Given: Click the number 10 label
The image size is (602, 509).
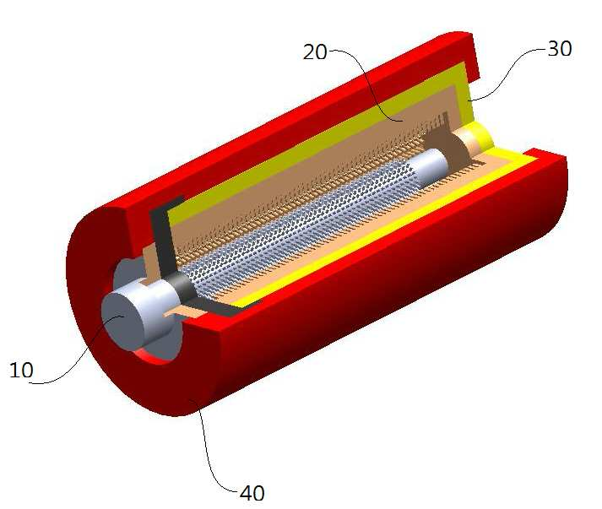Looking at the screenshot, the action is tap(21, 370).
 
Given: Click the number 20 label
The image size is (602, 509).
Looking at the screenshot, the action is tap(315, 51).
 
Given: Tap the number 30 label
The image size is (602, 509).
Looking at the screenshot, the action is tap(560, 48).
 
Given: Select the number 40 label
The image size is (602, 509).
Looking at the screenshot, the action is tap(252, 493).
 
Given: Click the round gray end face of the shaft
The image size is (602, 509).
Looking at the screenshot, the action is tap(122, 321).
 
